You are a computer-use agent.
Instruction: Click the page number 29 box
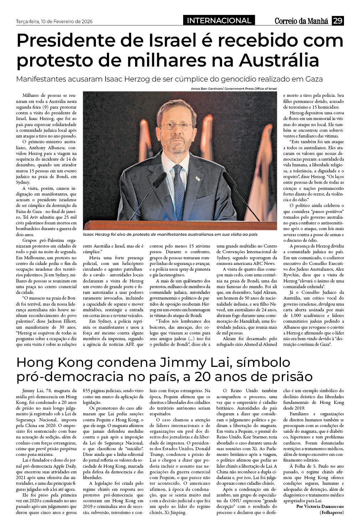click(x=338, y=21)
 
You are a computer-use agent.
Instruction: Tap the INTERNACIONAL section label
click(x=219, y=21)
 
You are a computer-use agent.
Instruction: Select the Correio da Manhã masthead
click(x=301, y=21)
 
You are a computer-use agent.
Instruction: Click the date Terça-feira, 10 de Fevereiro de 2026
click(x=54, y=21)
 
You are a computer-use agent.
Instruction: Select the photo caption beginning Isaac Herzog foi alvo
click(x=170, y=235)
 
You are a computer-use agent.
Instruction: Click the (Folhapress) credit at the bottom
click(x=331, y=513)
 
